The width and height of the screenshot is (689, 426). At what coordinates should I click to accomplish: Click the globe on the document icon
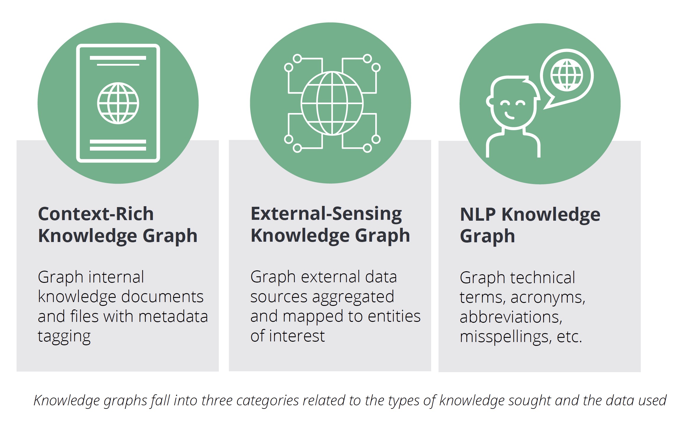[118, 103]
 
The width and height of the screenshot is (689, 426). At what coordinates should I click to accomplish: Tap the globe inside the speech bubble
[567, 75]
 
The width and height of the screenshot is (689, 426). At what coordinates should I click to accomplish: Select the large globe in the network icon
[332, 103]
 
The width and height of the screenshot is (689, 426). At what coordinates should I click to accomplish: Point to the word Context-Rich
[96, 214]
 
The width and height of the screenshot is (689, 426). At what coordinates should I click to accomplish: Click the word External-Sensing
[326, 214]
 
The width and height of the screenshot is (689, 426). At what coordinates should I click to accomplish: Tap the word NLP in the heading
[478, 214]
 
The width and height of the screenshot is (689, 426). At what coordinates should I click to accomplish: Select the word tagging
[64, 337]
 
